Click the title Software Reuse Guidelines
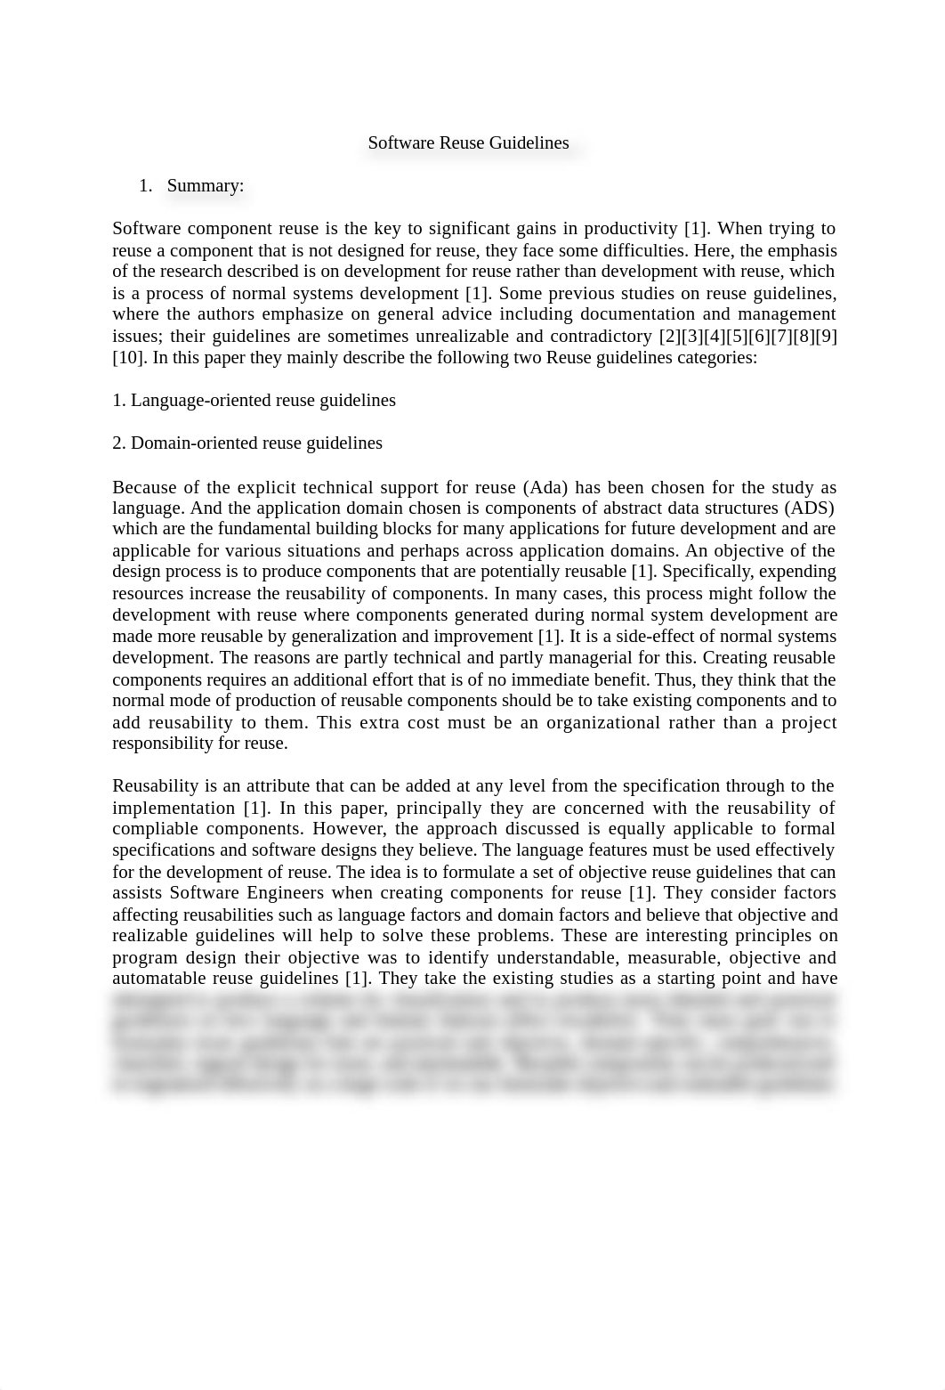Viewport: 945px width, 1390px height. click(x=468, y=142)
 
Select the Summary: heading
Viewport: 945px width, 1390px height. click(x=205, y=185)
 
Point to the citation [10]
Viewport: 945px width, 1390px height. click(x=130, y=357)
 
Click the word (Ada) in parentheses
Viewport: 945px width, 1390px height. click(x=549, y=487)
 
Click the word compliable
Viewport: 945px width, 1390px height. click(x=157, y=828)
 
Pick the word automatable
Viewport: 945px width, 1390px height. click(x=157, y=978)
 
